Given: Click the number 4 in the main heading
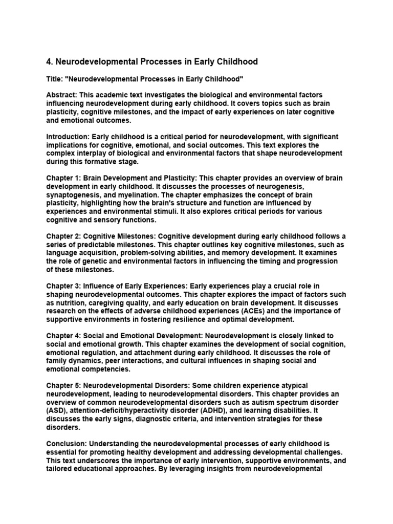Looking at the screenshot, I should pyautogui.click(x=49, y=62).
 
